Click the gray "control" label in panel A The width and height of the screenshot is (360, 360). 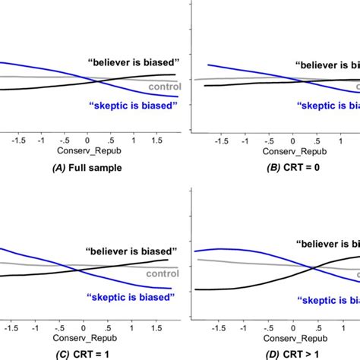166,87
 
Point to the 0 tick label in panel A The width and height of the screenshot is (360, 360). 87,141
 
